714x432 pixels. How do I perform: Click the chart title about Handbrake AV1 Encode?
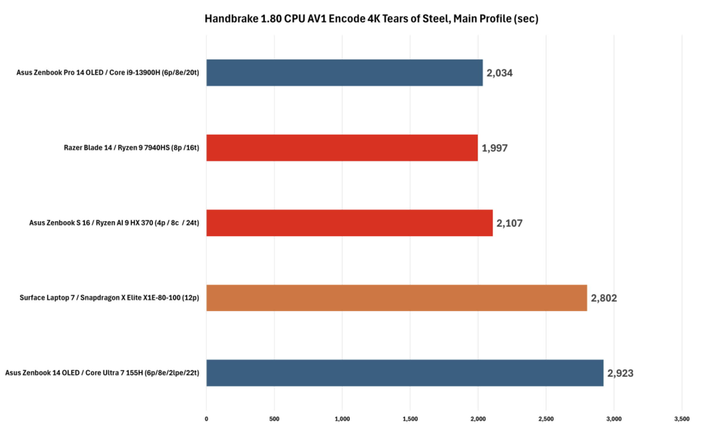click(x=371, y=19)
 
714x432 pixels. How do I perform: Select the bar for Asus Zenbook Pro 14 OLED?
click(x=344, y=73)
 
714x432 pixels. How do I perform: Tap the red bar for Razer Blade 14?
click(x=342, y=148)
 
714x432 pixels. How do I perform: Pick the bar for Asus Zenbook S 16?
click(x=349, y=223)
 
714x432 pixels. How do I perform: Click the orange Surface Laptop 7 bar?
click(x=396, y=298)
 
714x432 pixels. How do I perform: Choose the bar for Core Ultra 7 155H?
click(x=405, y=373)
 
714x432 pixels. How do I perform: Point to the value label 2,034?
click(x=499, y=73)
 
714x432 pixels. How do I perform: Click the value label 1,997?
click(x=494, y=148)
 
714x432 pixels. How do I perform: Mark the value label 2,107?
click(x=509, y=223)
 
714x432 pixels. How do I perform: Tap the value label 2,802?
click(x=604, y=298)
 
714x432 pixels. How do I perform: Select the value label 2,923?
click(x=620, y=373)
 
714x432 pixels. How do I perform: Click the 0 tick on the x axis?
click(x=206, y=419)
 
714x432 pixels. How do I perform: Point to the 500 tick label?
click(x=274, y=419)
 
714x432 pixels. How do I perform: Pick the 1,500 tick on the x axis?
click(x=410, y=419)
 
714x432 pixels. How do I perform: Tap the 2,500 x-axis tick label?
click(x=546, y=419)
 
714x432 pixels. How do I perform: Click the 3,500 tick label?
click(x=682, y=419)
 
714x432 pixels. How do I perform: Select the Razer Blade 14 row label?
click(x=131, y=148)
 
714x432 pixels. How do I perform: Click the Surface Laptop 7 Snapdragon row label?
click(x=109, y=298)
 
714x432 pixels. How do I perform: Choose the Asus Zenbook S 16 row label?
click(x=114, y=223)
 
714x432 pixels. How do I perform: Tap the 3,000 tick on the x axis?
click(x=614, y=419)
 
